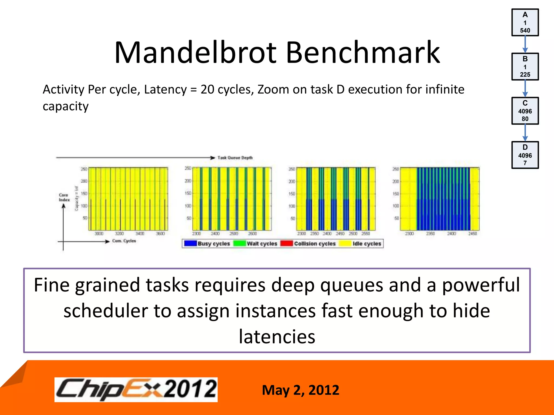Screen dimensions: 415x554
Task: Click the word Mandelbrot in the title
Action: pyautogui.click(x=195, y=52)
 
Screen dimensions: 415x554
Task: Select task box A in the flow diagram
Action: pyautogui.click(x=525, y=22)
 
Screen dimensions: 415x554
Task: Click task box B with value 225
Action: pyautogui.click(x=525, y=67)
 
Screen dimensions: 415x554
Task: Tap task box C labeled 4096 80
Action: pyautogui.click(x=525, y=111)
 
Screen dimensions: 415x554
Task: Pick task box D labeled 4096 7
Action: pyautogui.click(x=525, y=155)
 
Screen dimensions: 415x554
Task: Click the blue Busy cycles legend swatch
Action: pyautogui.click(x=190, y=243)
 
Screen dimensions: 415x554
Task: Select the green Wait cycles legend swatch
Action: pyautogui.click(x=239, y=243)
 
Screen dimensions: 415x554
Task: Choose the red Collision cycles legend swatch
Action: pyautogui.click(x=286, y=243)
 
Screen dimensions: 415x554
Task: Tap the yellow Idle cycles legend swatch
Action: pyautogui.click(x=345, y=243)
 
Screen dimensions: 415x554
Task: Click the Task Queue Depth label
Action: pyautogui.click(x=235, y=158)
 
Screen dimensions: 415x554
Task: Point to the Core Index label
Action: pyautogui.click(x=64, y=197)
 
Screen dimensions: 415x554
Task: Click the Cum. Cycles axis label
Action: pyautogui.click(x=124, y=241)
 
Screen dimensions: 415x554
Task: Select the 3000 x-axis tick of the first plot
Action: pyautogui.click(x=99, y=233)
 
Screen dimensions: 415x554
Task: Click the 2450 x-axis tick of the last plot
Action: pyautogui.click(x=473, y=233)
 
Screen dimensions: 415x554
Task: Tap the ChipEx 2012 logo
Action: pyautogui.click(x=136, y=390)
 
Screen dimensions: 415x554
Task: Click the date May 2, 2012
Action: pyautogui.click(x=300, y=390)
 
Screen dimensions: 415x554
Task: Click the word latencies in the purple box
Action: pyautogui.click(x=277, y=337)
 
